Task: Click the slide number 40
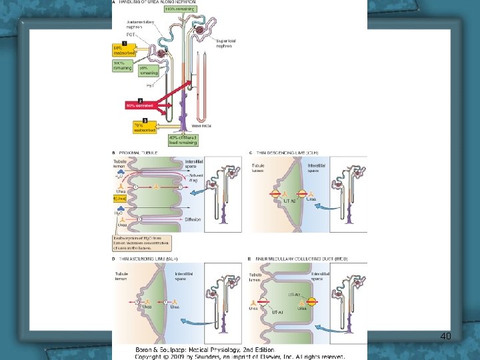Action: [x=446, y=336]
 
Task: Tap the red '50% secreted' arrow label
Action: [x=139, y=105]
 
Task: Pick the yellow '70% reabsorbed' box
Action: [x=144, y=127]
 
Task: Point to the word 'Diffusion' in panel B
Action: [x=192, y=218]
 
